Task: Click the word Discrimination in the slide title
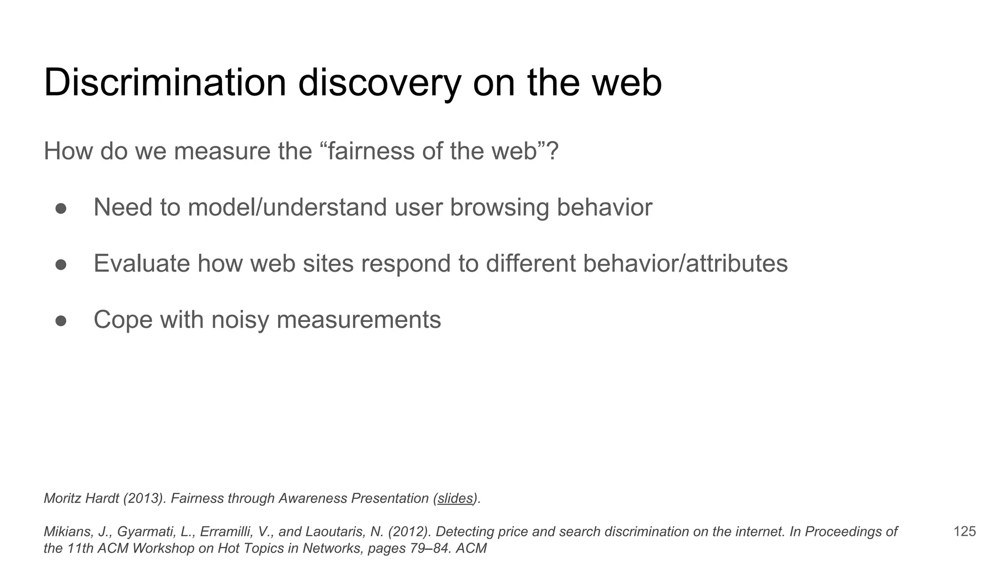click(165, 83)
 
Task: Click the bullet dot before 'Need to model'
click(61, 208)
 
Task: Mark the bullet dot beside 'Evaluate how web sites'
click(61, 264)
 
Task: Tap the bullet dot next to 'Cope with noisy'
click(61, 321)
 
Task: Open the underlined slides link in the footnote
click(455, 499)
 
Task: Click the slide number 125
click(964, 531)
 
